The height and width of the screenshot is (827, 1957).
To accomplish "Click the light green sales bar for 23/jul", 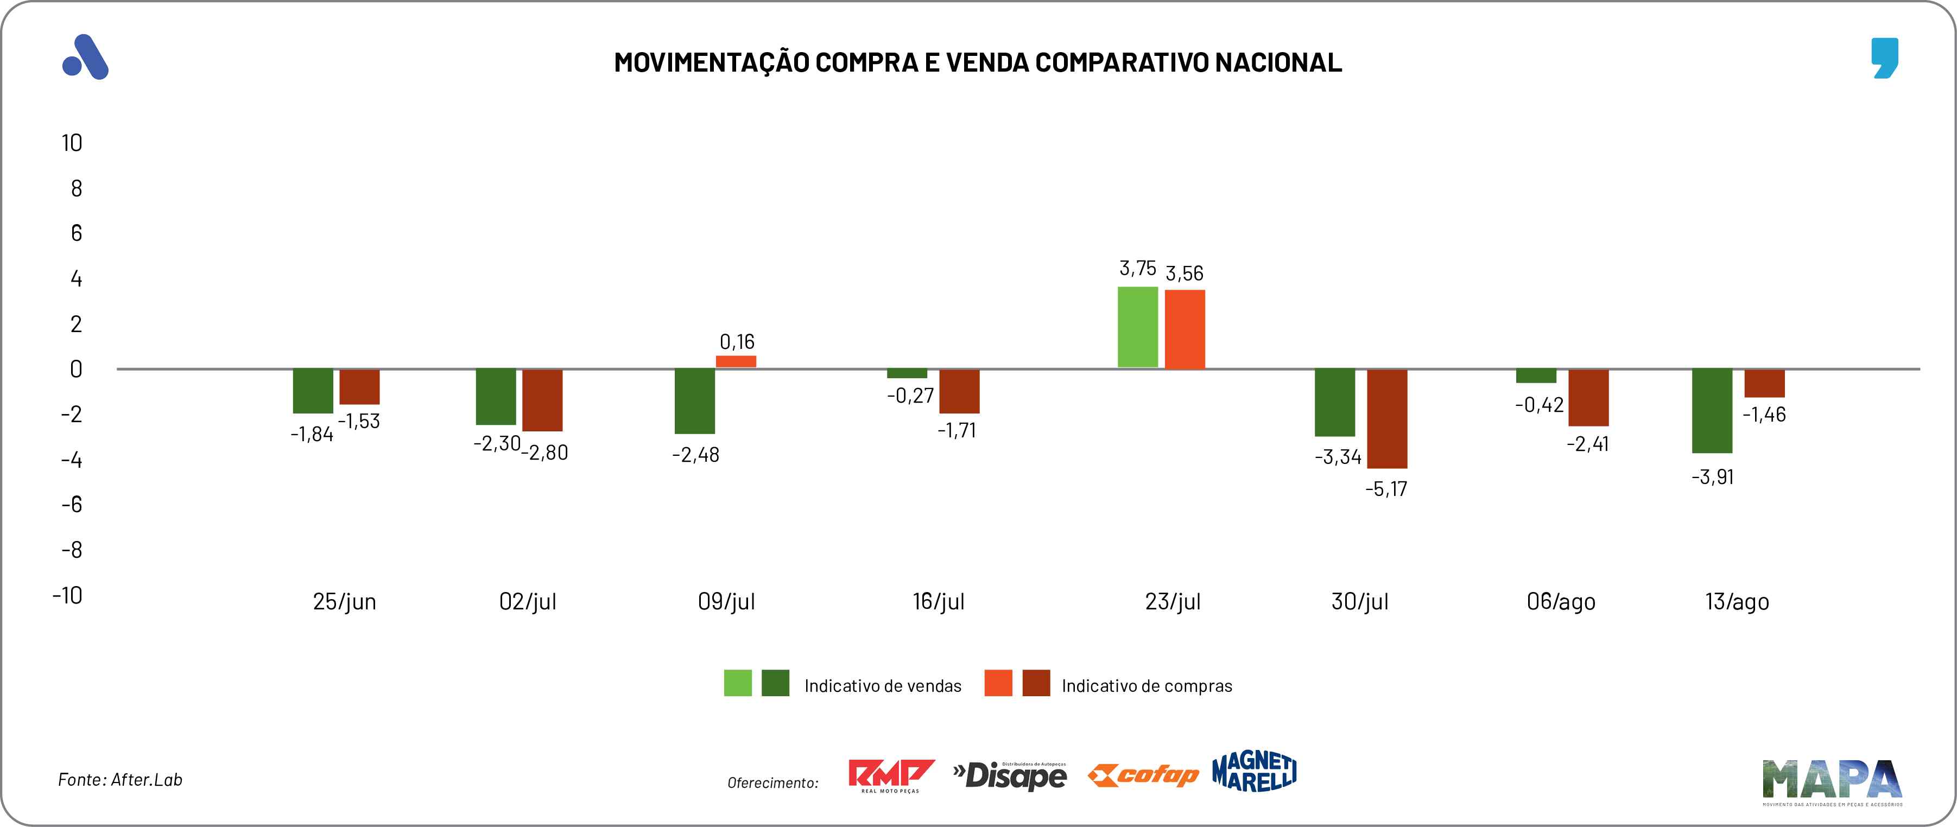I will [x=1137, y=327].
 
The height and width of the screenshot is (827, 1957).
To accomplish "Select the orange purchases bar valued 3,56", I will [x=1185, y=329].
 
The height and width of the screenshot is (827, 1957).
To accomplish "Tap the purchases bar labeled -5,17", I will [x=1386, y=418].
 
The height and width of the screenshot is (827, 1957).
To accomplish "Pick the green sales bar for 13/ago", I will [x=1712, y=411].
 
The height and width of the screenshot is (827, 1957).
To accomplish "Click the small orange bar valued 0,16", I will [x=736, y=361].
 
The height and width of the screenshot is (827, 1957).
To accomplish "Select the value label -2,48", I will [x=695, y=455].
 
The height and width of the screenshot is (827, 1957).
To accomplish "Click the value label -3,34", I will [x=1338, y=457].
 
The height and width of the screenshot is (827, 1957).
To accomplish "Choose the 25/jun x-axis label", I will [x=344, y=601].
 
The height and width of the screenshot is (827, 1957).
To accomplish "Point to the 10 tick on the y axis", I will [x=72, y=143].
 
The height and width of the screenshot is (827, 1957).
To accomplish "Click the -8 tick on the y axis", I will [x=72, y=550].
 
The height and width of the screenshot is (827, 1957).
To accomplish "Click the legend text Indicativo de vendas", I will [x=882, y=686].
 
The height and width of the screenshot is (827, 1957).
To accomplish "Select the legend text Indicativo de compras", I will [x=1147, y=686].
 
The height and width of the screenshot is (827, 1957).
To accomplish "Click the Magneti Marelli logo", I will [x=1255, y=772].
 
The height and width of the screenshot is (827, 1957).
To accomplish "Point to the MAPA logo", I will [x=1832, y=781].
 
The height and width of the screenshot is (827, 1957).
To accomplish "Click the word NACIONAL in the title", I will [x=1278, y=62].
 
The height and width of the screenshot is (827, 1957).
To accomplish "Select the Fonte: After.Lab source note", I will [x=120, y=780].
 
